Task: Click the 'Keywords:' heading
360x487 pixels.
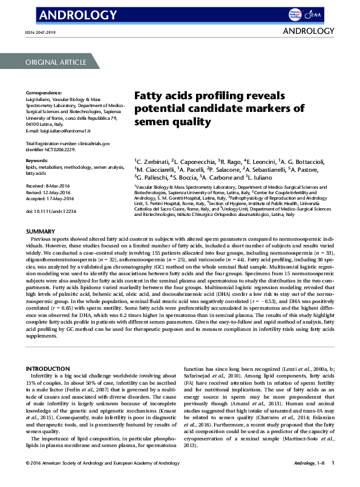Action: point(37,160)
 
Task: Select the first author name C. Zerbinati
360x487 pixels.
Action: point(150,162)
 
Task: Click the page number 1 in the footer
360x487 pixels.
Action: point(332,479)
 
